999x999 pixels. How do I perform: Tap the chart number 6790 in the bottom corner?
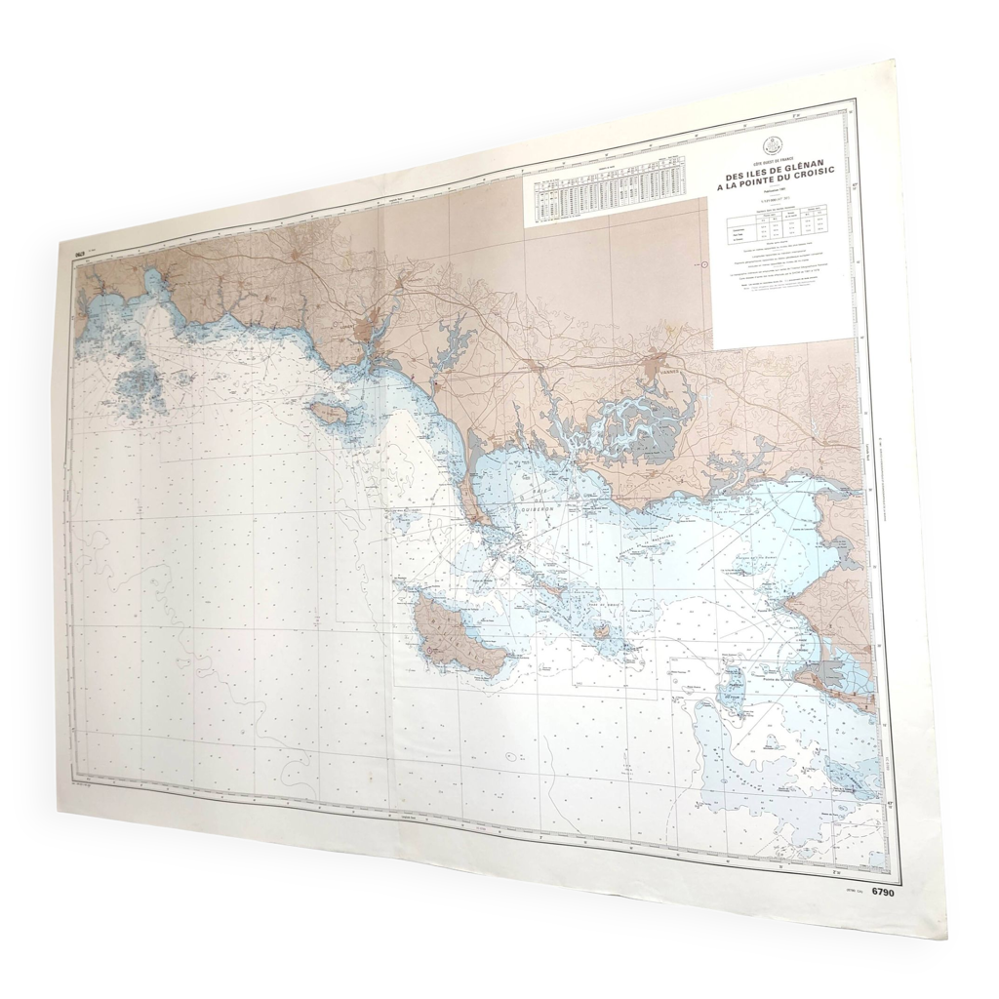tap(883, 892)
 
